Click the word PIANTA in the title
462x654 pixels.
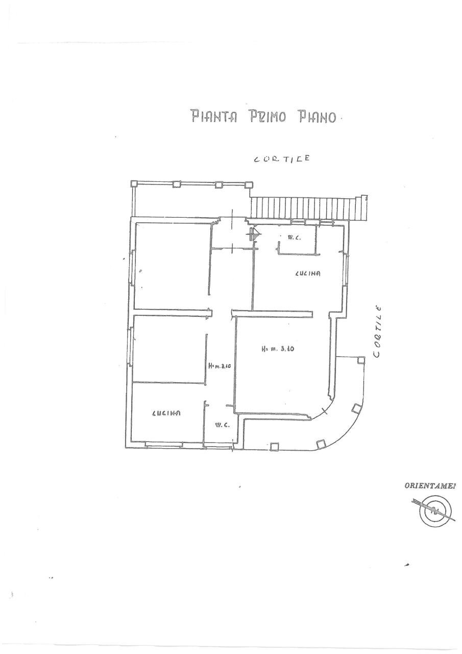point(214,116)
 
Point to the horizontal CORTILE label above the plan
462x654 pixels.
point(282,159)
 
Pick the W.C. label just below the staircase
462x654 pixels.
point(294,237)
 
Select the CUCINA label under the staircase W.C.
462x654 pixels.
point(307,273)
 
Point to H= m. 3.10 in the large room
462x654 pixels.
point(279,350)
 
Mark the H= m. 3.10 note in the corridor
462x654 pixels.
point(220,366)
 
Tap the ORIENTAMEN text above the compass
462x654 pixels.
point(430,486)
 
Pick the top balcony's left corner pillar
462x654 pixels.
point(134,184)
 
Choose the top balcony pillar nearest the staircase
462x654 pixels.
point(249,184)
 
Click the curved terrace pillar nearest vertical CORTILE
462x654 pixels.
point(361,360)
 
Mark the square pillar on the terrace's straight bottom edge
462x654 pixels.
point(275,446)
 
